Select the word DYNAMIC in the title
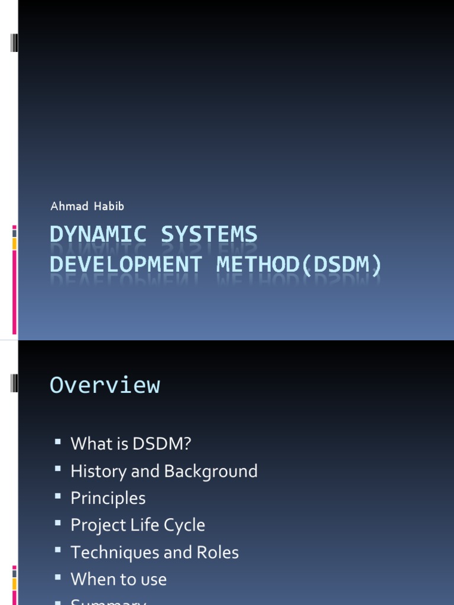(x=98, y=235)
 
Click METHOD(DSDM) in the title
(x=300, y=264)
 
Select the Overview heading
(x=105, y=385)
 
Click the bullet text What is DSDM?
(x=131, y=444)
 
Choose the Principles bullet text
(x=108, y=498)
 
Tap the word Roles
(x=218, y=552)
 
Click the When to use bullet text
(x=118, y=580)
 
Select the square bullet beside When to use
(x=57, y=577)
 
